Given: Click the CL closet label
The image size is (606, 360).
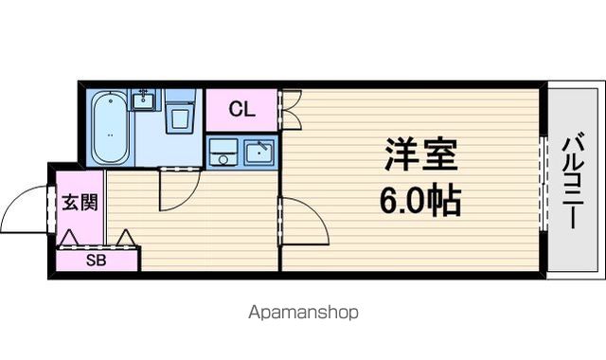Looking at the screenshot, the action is pos(242,110).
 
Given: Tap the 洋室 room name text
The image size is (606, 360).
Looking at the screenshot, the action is pos(420,154).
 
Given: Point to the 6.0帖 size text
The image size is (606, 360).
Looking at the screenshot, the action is pos(420,201).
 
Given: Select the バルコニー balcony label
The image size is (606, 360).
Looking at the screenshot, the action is pos(573,180).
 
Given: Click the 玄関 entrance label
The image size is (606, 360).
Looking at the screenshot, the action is pos(80,202).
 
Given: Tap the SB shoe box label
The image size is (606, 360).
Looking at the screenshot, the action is pos(96,261).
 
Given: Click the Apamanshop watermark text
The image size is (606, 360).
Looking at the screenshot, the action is pos(303,312).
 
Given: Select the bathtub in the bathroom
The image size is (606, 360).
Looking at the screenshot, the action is pos(111,127).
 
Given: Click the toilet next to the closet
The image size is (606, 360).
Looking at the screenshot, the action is pos(180,112).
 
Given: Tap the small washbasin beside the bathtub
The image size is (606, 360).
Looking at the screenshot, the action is pos(144,99).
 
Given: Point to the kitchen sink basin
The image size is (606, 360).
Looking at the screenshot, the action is pos(258,152).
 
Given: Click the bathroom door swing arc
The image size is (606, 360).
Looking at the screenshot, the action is pos(189,200).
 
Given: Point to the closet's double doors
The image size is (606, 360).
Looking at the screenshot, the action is pos(291,110).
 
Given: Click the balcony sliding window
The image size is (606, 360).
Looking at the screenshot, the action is pos(544,183).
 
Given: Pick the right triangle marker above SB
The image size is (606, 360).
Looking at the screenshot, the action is pos(126,238).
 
